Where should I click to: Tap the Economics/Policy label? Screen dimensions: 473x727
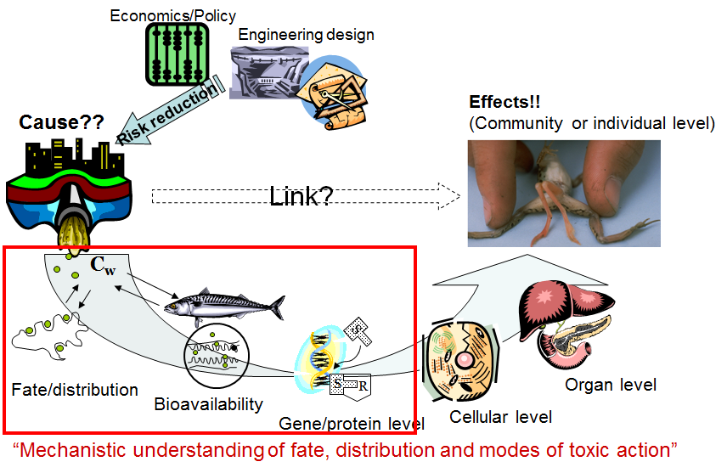(173, 15)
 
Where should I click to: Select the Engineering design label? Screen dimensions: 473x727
(306, 35)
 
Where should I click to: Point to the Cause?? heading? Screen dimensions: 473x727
(60, 122)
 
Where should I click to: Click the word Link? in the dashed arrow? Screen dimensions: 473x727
(302, 196)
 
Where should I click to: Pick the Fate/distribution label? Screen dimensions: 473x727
(75, 390)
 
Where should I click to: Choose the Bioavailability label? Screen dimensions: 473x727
(208, 404)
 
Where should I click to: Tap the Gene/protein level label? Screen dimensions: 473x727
(352, 423)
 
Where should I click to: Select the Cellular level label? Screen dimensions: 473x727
(501, 416)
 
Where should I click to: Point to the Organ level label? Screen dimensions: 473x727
(611, 385)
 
